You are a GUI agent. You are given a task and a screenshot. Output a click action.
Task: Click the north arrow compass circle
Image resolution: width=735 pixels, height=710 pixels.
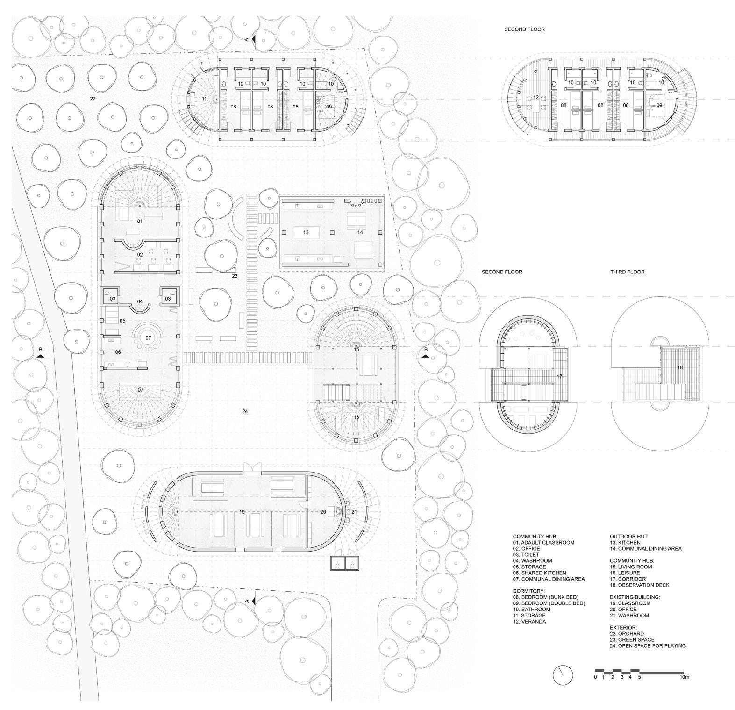tap(563, 674)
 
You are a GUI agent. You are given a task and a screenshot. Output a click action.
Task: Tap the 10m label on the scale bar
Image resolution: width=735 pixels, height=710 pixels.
tap(685, 677)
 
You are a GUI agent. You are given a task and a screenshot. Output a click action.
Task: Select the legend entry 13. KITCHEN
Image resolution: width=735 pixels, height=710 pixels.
tap(625, 543)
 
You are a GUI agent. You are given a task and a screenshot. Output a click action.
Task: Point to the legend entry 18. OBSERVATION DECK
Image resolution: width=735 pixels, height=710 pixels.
tap(639, 585)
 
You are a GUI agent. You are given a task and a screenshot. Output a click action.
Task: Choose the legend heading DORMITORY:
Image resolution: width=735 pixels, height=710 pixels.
tap(528, 591)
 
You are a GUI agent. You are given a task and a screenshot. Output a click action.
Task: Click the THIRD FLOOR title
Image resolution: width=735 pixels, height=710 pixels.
tap(627, 272)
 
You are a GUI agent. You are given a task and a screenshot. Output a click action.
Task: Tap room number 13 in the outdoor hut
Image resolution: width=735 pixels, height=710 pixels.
tap(306, 232)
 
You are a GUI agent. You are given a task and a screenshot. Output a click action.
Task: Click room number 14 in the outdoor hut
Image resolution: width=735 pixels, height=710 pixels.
tap(360, 232)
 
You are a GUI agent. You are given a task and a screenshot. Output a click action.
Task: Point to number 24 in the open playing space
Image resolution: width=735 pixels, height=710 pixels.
tap(245, 411)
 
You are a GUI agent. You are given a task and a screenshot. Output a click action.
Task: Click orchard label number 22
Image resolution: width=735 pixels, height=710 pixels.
tap(93, 99)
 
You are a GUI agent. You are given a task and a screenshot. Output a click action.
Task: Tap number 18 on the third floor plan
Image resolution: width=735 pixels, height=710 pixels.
tap(680, 367)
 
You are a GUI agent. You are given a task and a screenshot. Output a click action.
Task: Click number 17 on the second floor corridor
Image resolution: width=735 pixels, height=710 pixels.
tap(559, 376)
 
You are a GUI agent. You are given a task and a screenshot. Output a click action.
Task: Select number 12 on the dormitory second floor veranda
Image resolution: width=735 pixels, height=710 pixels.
tap(536, 98)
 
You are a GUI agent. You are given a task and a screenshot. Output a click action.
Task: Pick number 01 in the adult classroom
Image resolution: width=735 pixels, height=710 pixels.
tap(139, 221)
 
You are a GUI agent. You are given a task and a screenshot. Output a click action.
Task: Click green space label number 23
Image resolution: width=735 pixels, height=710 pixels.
tap(235, 276)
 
